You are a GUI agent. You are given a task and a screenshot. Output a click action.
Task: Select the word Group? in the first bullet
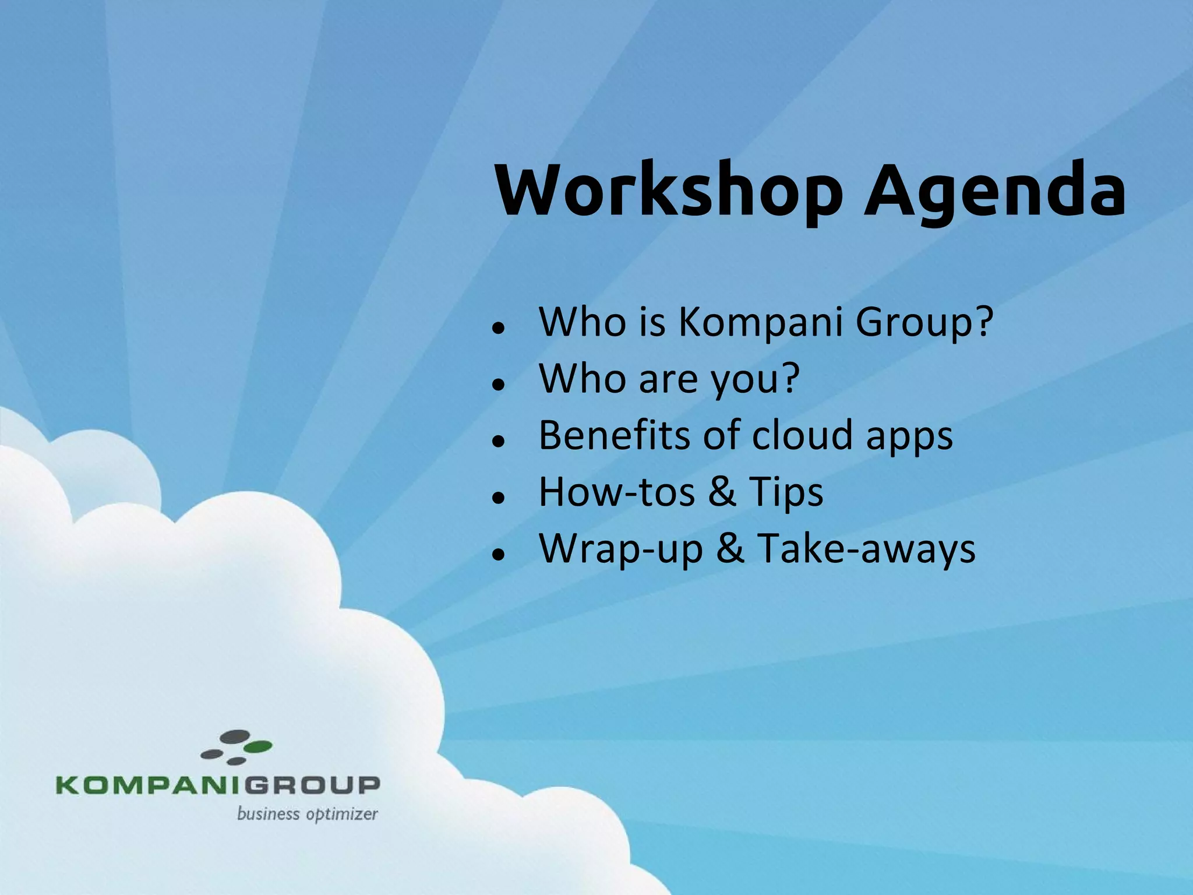924,323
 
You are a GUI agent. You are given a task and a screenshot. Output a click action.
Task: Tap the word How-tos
617,492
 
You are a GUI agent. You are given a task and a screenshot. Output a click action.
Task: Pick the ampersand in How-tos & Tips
722,492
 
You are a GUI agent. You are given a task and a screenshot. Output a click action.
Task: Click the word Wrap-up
621,550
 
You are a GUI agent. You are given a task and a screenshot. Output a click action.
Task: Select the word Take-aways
866,549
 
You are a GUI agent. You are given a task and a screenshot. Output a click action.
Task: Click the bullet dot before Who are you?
497,385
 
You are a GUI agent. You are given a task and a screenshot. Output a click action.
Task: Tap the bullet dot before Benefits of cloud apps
497,441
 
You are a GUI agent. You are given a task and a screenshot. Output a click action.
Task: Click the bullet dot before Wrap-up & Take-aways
497,555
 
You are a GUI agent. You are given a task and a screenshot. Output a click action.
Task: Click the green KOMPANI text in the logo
149,785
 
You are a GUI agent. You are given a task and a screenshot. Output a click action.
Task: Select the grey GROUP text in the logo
312,785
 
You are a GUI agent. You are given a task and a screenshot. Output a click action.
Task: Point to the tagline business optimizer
307,814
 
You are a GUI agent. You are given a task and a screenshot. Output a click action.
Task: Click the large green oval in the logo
257,746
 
